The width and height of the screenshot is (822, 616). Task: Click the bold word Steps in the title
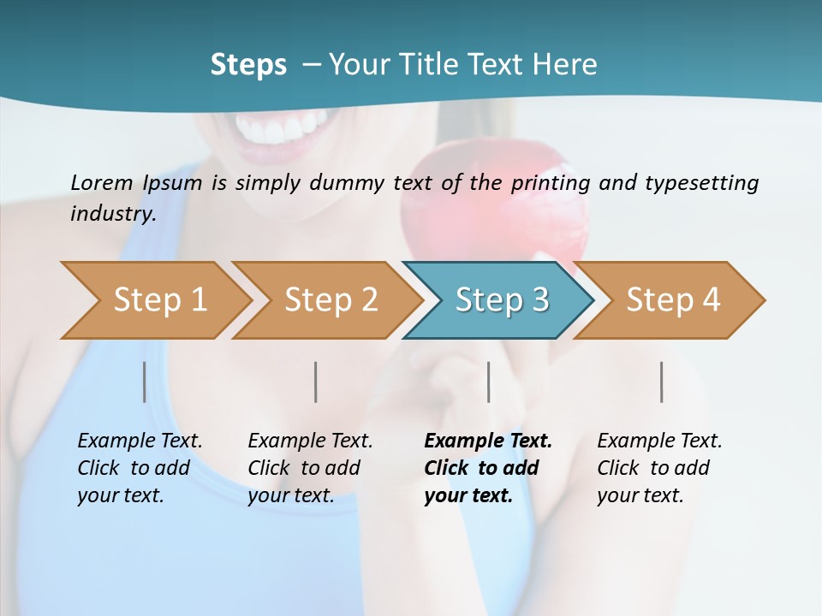click(248, 65)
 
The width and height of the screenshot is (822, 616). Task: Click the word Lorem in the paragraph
click(101, 182)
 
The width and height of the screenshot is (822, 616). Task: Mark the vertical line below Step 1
click(145, 382)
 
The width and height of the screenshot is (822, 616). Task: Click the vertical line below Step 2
click(316, 382)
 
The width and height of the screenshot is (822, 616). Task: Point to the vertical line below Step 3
click(488, 382)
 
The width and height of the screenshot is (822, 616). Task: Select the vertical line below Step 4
click(662, 382)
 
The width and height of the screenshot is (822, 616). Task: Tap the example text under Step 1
click(140, 468)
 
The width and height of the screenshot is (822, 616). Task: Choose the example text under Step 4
click(659, 468)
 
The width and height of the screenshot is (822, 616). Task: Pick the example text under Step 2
click(310, 468)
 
